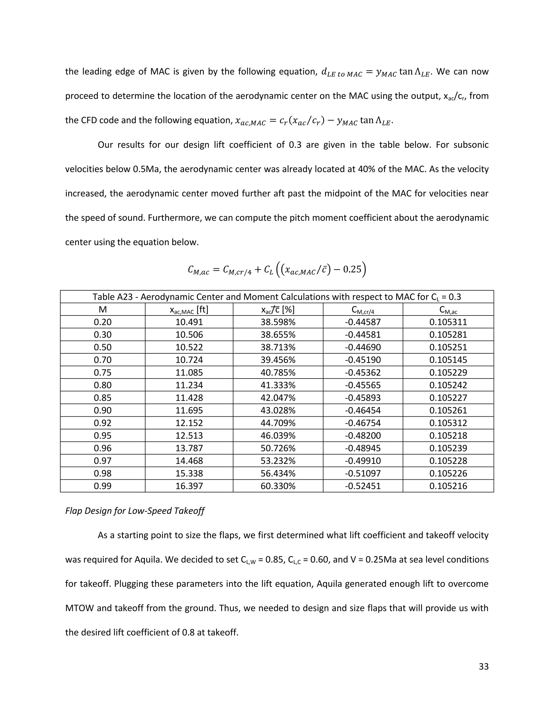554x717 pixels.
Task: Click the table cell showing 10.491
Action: [189, 322]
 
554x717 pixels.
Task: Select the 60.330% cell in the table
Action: [278, 486]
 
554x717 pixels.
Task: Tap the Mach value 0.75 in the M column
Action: [103, 373]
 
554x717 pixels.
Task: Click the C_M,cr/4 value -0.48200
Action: [363, 436]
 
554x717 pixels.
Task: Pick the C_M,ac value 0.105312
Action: [448, 423]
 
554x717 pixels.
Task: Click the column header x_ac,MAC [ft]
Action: [189, 310]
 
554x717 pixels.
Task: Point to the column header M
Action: [103, 310]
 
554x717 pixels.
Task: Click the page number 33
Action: [483, 666]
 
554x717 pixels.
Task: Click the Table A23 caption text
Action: [277, 297]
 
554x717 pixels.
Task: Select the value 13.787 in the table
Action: [189, 448]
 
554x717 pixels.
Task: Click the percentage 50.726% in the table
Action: [278, 448]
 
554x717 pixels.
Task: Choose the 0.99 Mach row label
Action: [103, 486]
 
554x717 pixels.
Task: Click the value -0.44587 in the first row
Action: [363, 322]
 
